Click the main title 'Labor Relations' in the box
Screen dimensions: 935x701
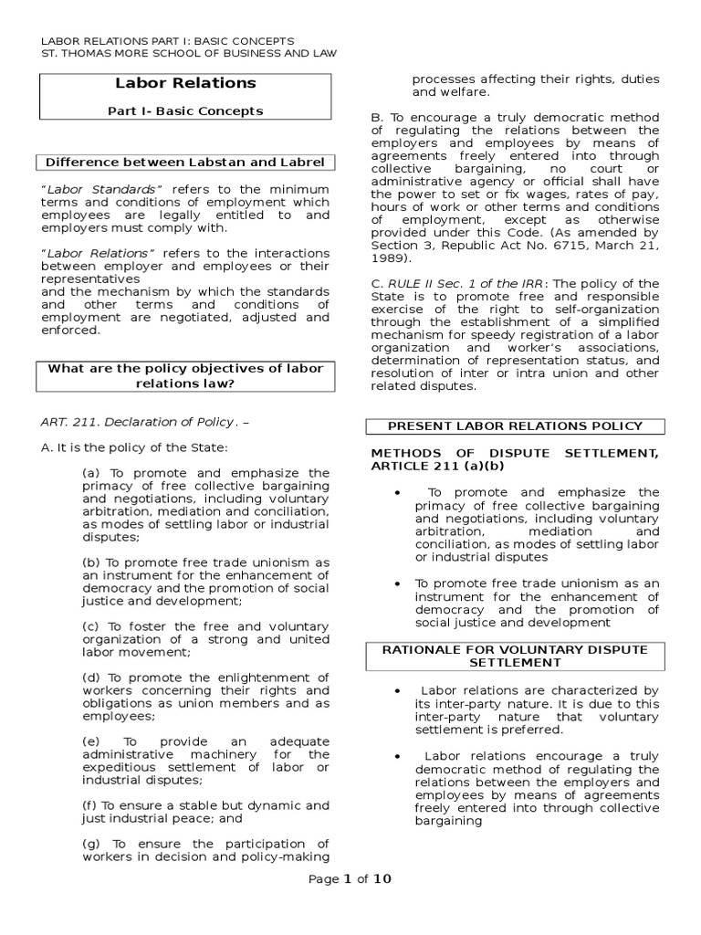185,83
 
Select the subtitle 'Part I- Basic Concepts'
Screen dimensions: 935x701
185,111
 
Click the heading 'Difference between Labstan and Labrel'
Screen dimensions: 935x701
185,163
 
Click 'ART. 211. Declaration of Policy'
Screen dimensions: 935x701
138,423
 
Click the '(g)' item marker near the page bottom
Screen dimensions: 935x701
90,843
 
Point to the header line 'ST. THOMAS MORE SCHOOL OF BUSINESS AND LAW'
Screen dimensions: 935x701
191,54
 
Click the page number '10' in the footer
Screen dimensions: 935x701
384,879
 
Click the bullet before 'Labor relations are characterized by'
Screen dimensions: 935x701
400,691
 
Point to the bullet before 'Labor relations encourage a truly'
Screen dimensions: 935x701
400,757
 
